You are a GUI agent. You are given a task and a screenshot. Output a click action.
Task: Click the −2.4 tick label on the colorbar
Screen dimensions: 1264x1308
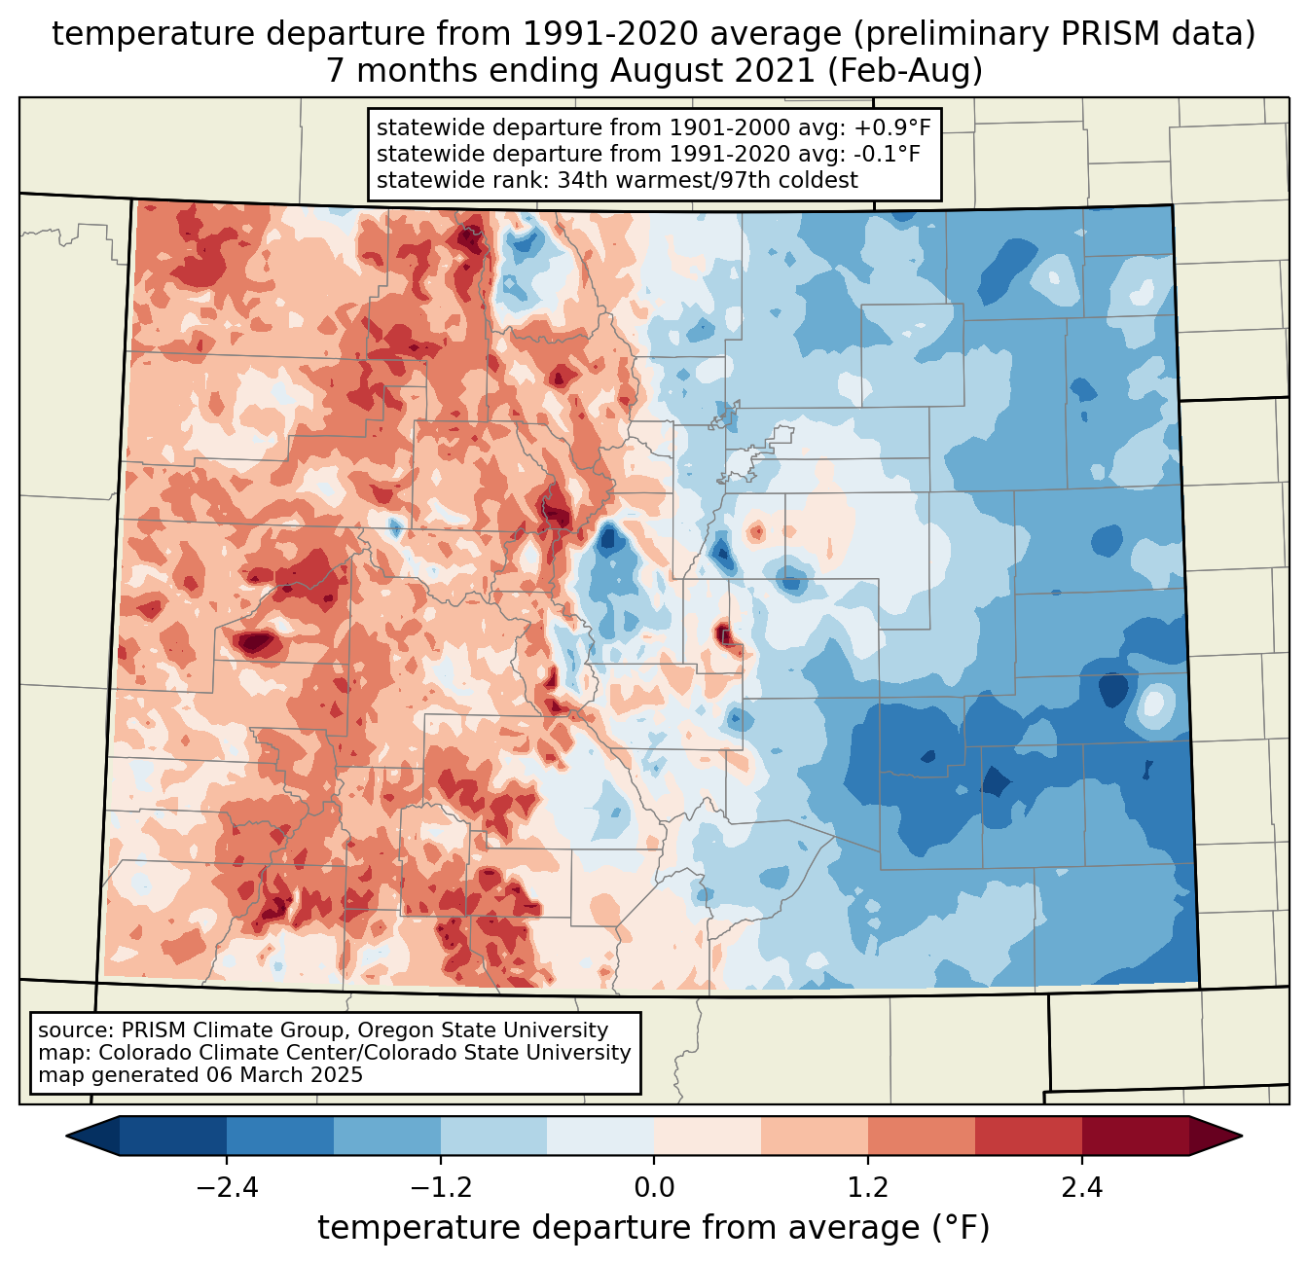[x=227, y=1188]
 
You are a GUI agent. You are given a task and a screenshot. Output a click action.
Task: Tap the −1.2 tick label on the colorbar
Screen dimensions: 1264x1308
[x=440, y=1188]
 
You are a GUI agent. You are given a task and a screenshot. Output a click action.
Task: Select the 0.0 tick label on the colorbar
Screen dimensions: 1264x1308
[x=654, y=1188]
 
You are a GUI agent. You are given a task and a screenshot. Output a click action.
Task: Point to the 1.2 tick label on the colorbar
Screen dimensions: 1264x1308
[x=868, y=1188]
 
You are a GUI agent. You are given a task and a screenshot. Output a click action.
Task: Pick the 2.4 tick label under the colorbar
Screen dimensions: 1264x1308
[x=1081, y=1188]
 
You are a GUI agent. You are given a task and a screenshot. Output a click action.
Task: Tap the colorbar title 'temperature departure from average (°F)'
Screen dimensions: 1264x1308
[x=654, y=1228]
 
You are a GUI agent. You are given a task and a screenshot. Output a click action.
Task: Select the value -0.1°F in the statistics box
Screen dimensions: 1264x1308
[x=885, y=154]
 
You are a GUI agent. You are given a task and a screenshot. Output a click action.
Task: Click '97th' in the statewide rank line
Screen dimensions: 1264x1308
[x=726, y=180]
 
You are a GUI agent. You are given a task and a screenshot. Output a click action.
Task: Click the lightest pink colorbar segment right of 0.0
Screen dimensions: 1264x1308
[x=708, y=1136]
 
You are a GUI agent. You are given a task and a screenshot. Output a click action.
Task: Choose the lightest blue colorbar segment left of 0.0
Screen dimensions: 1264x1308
[x=600, y=1136]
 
